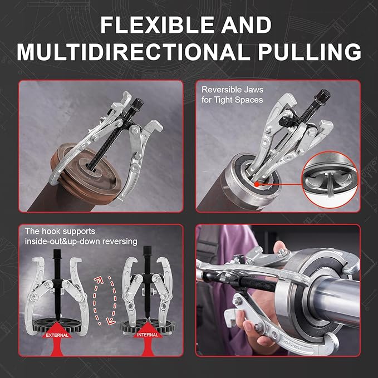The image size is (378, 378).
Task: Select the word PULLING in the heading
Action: [310, 52]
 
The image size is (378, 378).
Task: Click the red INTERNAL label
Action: [147, 335]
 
